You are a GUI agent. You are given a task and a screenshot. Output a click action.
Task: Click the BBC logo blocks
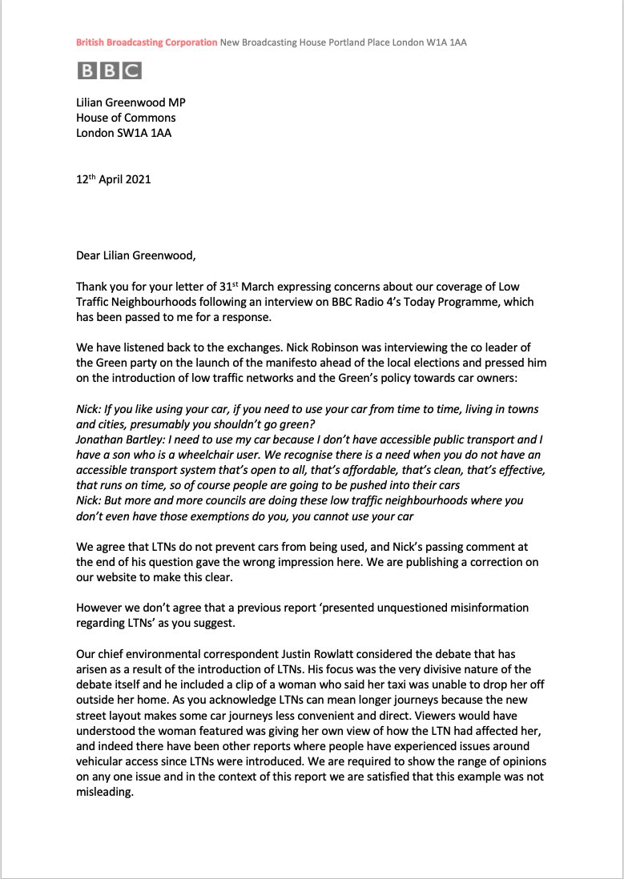point(109,70)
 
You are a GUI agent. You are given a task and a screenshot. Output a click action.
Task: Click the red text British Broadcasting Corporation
point(147,42)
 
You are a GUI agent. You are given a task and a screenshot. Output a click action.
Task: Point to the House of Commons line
point(126,118)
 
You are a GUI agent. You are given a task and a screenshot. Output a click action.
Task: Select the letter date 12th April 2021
point(113,179)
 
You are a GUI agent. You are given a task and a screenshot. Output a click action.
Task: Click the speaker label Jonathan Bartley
point(122,440)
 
